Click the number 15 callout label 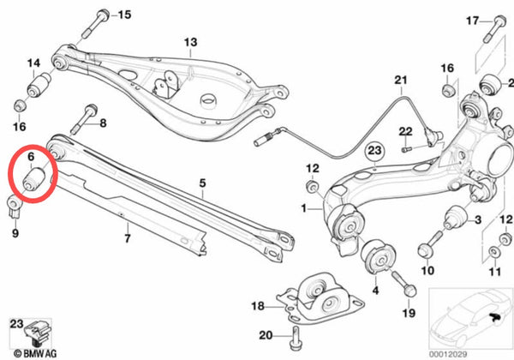124,15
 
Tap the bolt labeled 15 94,24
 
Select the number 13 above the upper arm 190,42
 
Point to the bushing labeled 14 39,85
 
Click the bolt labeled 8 84,119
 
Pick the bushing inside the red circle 33,178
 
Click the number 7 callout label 128,238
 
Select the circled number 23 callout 374,151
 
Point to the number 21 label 401,80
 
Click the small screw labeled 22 407,149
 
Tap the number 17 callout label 472,21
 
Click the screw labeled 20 295,339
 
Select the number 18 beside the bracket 258,306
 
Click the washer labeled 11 493,252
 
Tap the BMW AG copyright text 35,354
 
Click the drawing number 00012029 448,354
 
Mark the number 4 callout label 376,291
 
